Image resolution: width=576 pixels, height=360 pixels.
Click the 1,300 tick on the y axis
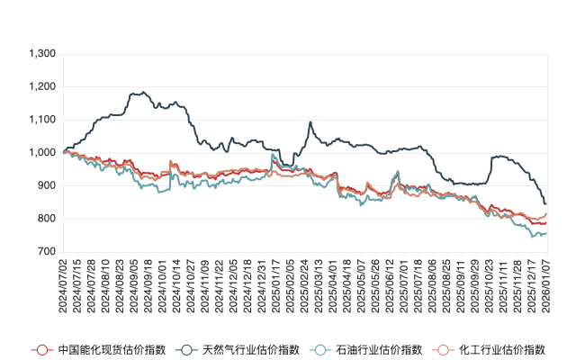coord(42,54)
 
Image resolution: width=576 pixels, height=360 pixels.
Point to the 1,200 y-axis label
coord(42,87)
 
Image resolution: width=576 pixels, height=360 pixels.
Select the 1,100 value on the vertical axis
coord(42,120)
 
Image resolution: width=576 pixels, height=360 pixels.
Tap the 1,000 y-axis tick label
coord(42,153)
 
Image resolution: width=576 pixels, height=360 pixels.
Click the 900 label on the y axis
coord(46,186)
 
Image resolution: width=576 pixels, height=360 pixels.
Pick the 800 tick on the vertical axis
coord(46,219)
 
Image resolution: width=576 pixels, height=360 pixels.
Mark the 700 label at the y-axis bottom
coord(46,252)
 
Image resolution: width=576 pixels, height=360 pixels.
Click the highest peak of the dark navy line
coord(138,92)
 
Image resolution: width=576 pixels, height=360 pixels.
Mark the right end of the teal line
coord(546,234)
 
